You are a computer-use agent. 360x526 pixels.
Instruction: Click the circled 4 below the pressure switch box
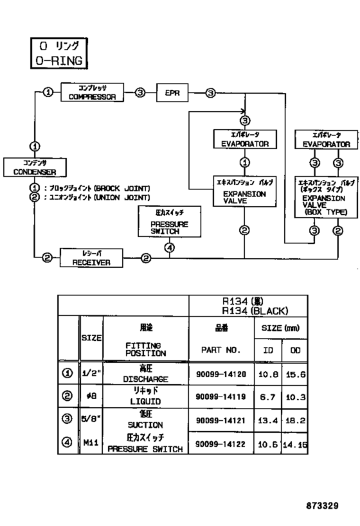(169, 248)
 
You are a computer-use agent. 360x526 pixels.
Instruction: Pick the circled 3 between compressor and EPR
(141, 92)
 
